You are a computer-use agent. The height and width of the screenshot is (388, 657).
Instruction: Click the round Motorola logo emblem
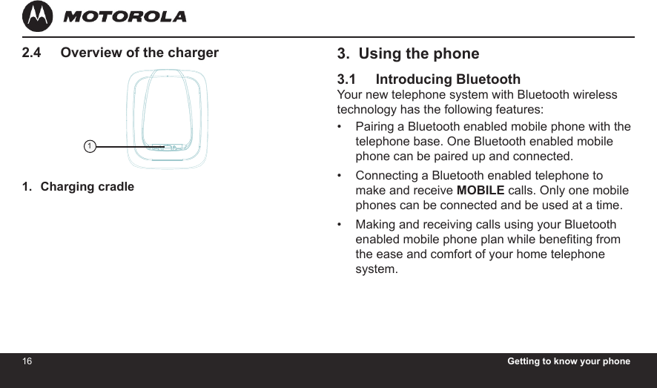[37, 16]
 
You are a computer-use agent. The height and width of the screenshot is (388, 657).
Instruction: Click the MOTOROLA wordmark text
[125, 17]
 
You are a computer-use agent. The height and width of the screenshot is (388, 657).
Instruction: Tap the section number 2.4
[31, 53]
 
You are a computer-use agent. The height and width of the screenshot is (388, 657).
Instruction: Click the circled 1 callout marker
[90, 146]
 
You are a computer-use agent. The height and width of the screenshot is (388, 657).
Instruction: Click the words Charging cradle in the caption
[88, 186]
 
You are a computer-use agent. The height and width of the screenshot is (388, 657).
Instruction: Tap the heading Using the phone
[418, 53]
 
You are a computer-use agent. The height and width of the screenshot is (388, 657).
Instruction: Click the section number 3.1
[346, 79]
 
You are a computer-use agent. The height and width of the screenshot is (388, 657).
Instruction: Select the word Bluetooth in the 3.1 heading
[488, 79]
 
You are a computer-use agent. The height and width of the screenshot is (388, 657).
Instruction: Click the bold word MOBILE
[481, 190]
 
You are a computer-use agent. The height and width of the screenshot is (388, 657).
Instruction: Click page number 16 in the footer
[27, 361]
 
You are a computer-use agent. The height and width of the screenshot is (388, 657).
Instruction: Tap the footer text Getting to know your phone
[569, 361]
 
